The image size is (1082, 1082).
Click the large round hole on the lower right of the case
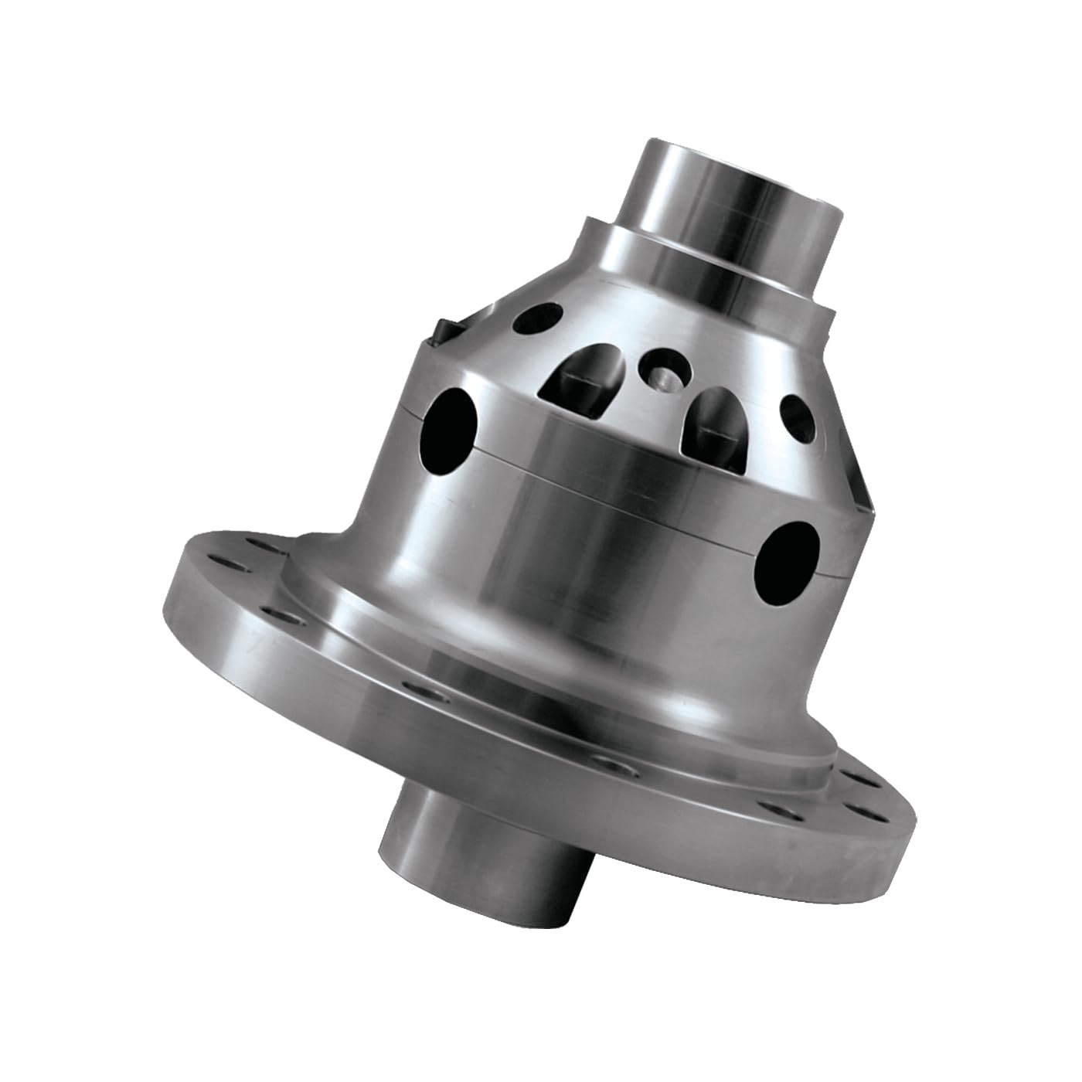pyautogui.click(x=788, y=553)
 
